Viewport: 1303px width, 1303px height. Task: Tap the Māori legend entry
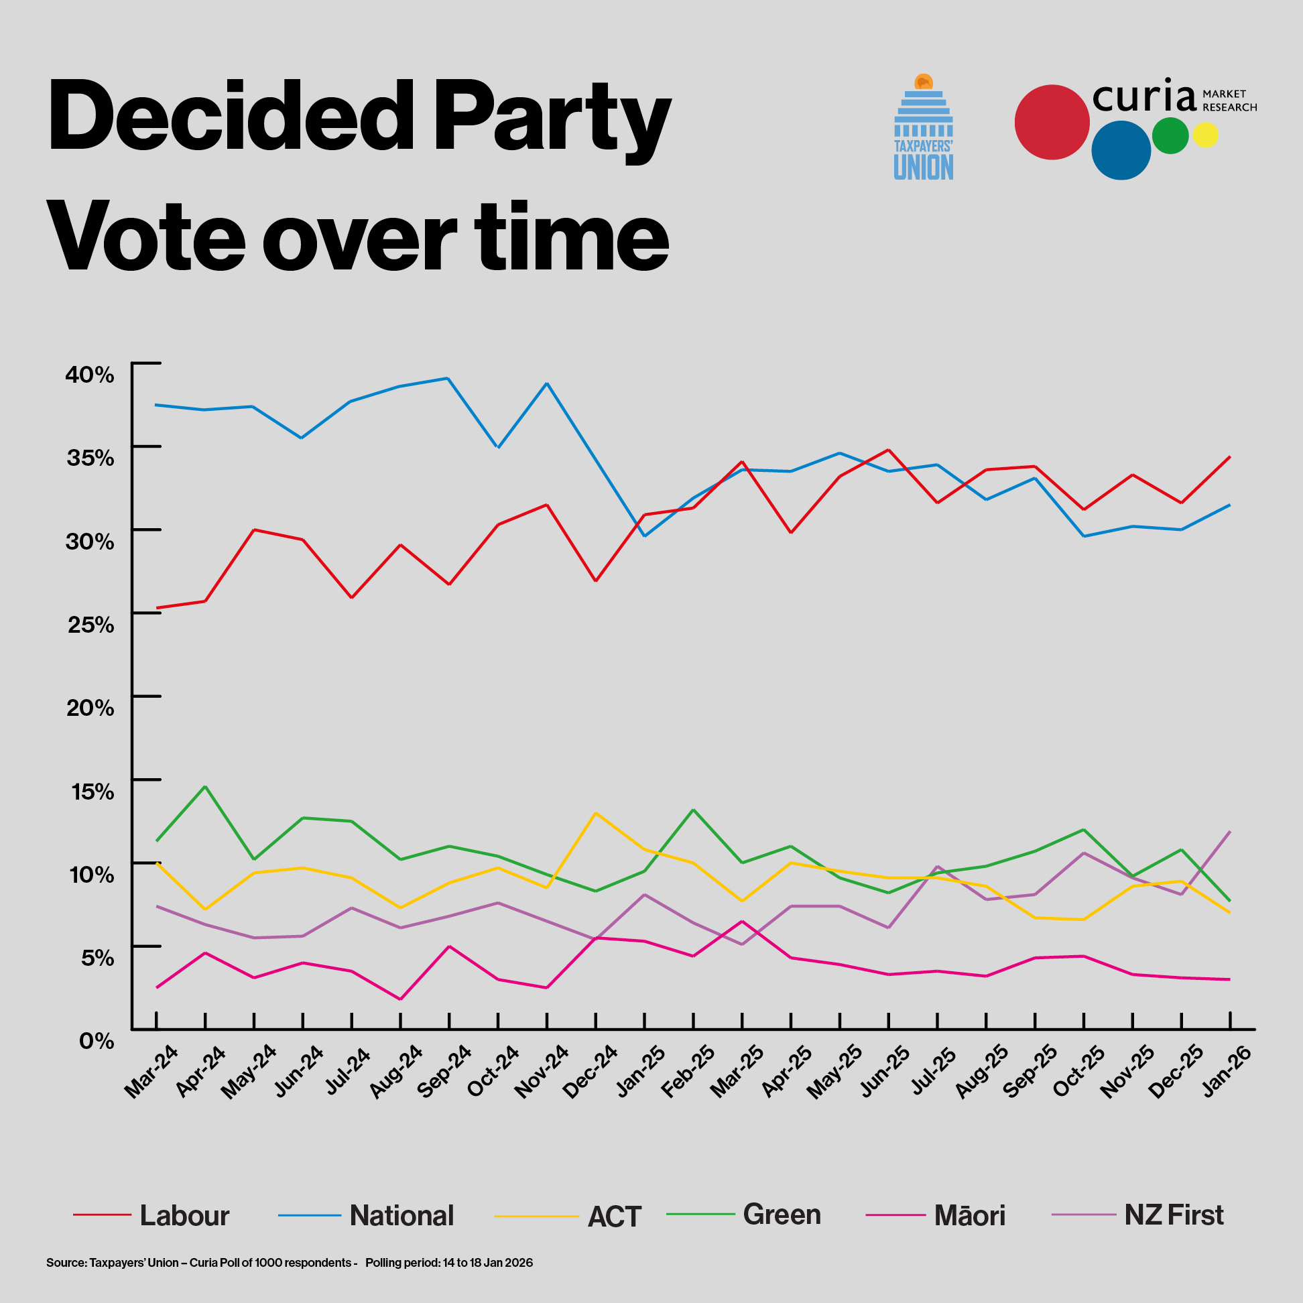point(969,1216)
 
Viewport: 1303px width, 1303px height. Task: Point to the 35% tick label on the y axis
point(90,458)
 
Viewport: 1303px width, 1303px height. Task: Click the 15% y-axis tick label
point(92,791)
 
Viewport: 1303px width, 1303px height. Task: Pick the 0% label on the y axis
point(97,1041)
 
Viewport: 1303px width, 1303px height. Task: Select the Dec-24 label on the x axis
point(591,1072)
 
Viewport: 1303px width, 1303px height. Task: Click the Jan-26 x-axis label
point(1227,1072)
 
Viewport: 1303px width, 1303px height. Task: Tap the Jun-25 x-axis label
point(884,1072)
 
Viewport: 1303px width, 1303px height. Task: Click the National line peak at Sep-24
point(448,378)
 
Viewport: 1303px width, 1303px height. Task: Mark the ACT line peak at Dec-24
point(595,813)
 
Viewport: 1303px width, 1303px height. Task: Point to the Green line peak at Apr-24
point(205,786)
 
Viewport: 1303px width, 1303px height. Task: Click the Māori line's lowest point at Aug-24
point(400,999)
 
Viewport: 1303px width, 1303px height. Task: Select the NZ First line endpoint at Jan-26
point(1230,832)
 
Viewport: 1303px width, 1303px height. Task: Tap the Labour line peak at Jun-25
point(888,450)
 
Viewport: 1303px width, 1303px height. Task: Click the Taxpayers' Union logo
point(924,128)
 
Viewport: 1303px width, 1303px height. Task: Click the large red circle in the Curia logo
point(1052,122)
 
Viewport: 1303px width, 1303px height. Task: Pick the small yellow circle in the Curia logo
point(1205,135)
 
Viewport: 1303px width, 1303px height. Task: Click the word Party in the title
point(552,116)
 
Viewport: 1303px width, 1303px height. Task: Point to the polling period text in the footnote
point(449,1263)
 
